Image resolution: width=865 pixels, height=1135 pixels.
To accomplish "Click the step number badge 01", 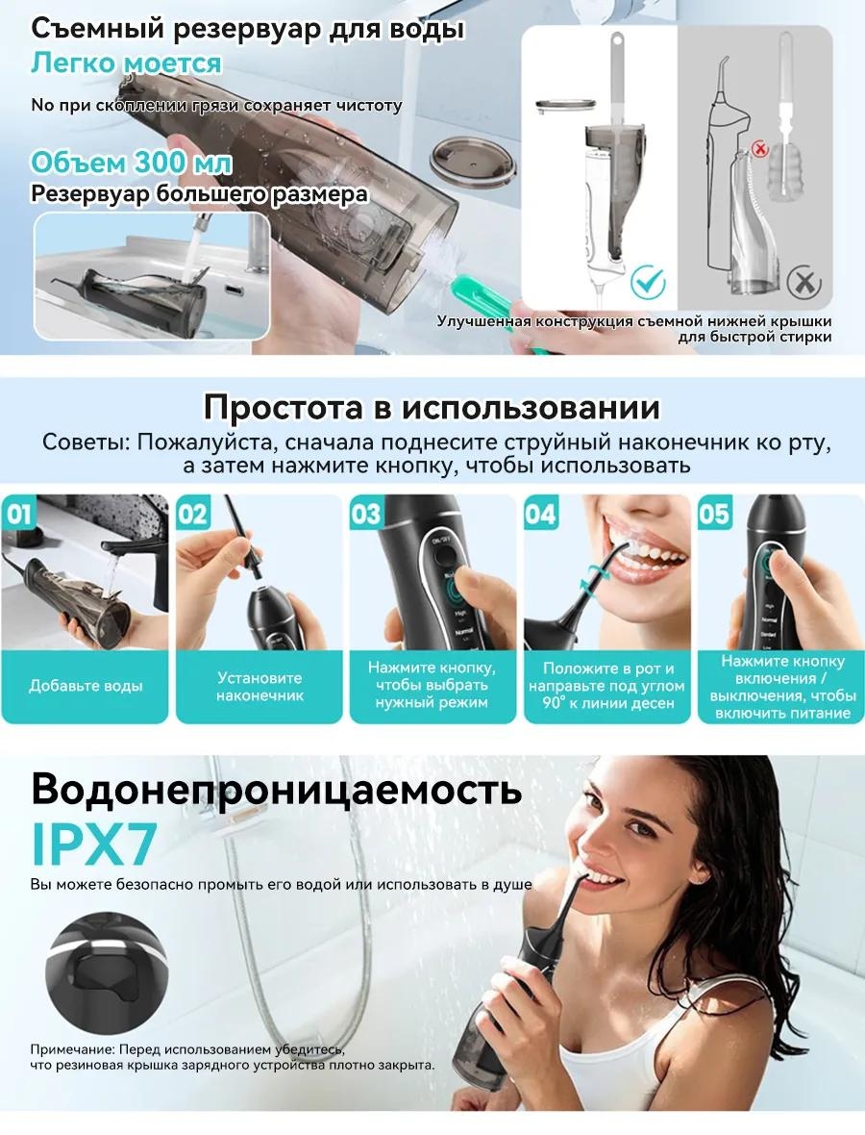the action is point(19,514).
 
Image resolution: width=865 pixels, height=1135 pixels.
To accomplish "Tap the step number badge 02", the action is point(192,514).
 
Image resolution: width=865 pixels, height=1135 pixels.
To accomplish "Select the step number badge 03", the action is point(366,514).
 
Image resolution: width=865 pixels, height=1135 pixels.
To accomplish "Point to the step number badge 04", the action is point(540,514).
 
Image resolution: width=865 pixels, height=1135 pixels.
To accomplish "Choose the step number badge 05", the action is point(714,514).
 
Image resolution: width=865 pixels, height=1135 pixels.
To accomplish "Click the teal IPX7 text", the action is point(94,844).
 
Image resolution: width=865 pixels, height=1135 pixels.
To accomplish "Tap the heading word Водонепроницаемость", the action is point(276,789).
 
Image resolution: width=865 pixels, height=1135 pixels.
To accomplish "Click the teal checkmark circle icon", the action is point(647,281).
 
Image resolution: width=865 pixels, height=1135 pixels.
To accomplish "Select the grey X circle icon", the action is point(803,282).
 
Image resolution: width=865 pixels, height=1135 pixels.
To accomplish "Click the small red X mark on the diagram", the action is point(760,149).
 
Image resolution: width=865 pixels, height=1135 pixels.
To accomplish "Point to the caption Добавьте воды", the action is point(86,686).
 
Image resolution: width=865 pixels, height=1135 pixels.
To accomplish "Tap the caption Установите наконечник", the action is point(259,686).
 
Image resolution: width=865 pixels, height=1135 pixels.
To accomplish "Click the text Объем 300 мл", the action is point(131,163).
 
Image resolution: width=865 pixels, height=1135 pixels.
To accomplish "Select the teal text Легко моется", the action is point(126,63).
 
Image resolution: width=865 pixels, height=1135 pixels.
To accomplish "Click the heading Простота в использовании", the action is point(432,407).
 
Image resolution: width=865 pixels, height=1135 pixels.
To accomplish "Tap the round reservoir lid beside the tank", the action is point(475,159).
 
